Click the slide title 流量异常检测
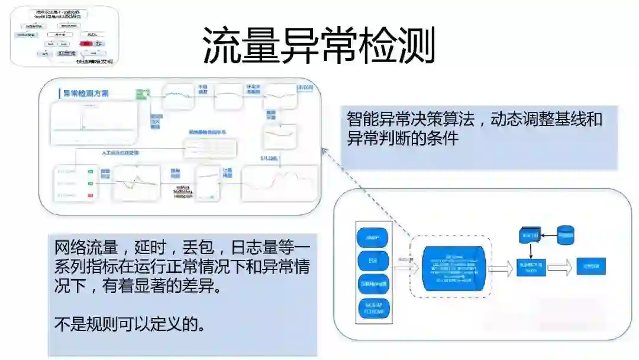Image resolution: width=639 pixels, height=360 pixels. coord(319,45)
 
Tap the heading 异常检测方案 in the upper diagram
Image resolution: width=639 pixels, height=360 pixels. coord(86,94)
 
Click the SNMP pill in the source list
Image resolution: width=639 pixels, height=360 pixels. coord(372,238)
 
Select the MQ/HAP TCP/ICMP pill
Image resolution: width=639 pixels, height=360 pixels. coord(372,308)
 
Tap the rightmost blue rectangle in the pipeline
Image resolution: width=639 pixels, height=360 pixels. coord(591,266)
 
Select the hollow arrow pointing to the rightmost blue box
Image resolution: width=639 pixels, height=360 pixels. coord(559,267)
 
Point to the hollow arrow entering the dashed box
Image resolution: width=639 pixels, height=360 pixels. coord(405,267)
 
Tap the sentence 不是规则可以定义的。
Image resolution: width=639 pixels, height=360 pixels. coord(130,324)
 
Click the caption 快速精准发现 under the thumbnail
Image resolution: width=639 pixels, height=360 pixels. coord(94,61)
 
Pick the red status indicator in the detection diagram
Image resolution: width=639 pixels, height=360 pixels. coord(91,195)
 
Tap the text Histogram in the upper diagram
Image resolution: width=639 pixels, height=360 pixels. coord(183,196)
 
